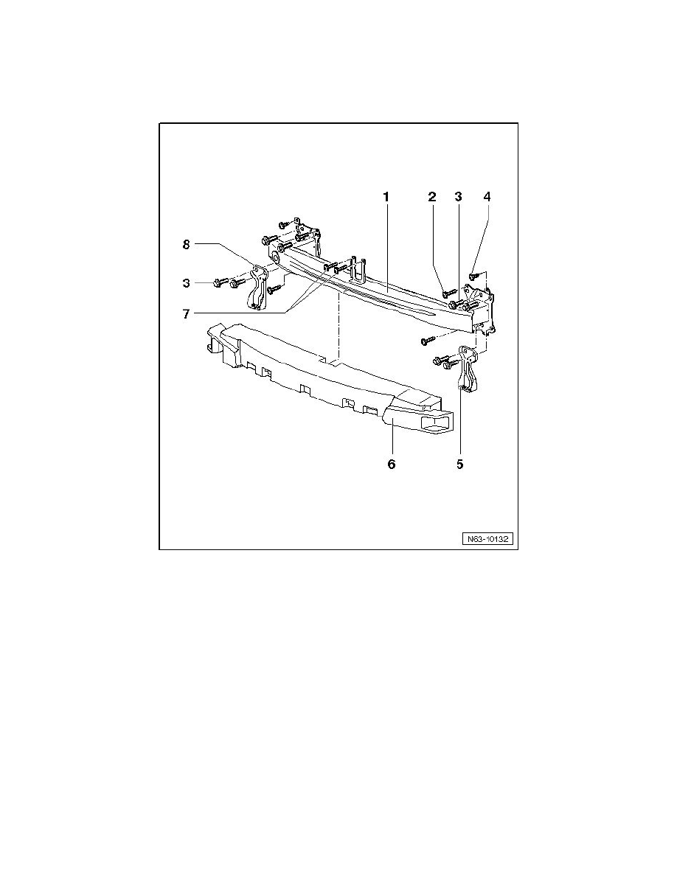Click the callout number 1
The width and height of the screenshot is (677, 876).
[x=386, y=197]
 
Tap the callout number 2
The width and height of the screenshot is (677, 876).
[x=432, y=197]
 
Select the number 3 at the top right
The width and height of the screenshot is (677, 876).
[x=458, y=197]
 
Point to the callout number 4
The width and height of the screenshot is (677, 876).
[x=486, y=197]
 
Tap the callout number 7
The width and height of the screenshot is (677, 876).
[x=187, y=313]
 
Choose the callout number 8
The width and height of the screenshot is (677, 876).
[x=187, y=243]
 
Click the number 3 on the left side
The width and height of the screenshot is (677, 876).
[x=187, y=282]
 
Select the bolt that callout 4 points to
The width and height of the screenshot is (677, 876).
[x=474, y=277]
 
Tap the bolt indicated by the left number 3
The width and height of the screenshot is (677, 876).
[x=219, y=282]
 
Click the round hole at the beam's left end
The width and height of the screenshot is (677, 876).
[x=274, y=256]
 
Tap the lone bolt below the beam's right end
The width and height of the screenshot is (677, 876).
[x=426, y=341]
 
